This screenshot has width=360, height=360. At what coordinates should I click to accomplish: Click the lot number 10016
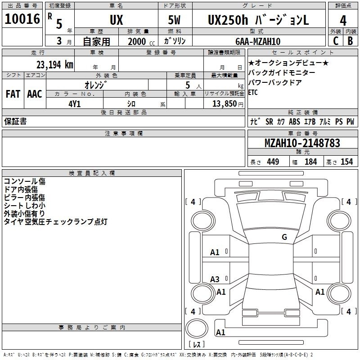tap(22, 19)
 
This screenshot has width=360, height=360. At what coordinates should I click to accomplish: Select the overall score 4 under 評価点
tap(343, 21)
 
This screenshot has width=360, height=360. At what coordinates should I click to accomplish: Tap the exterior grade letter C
tap(336, 40)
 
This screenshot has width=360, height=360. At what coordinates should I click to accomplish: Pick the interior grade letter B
tap(350, 40)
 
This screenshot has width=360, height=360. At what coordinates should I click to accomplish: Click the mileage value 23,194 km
tap(54, 64)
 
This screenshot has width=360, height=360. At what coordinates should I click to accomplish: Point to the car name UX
tap(117, 20)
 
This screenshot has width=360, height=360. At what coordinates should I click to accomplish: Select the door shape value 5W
tap(174, 20)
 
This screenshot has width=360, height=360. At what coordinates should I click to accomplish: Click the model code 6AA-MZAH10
tap(258, 41)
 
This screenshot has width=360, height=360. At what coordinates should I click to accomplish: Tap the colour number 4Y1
tap(75, 104)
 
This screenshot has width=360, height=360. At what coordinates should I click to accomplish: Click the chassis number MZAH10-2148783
tap(302, 143)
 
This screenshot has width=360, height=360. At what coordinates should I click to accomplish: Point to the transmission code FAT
tap(13, 94)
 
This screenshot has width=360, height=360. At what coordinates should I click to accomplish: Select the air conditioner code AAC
tap(35, 94)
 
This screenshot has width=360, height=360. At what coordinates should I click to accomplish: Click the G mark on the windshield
tap(284, 237)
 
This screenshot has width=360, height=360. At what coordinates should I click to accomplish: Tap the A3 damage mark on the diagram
tap(215, 279)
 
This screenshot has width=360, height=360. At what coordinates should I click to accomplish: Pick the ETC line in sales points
tap(253, 92)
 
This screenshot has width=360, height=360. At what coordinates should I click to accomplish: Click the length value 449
tap(273, 162)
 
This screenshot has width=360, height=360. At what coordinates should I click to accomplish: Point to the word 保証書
tap(15, 121)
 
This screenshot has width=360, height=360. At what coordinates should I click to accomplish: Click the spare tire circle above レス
tap(197, 328)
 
